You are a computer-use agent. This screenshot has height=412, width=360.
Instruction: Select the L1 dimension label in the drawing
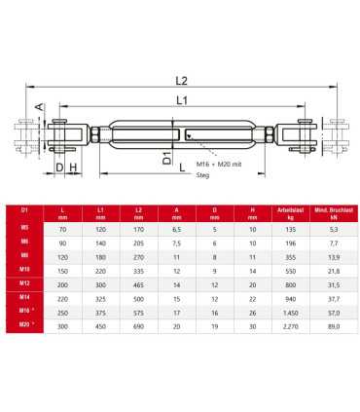[182, 101]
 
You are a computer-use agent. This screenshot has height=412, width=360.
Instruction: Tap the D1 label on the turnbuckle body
[167, 155]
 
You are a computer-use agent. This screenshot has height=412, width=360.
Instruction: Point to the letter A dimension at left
[40, 108]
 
